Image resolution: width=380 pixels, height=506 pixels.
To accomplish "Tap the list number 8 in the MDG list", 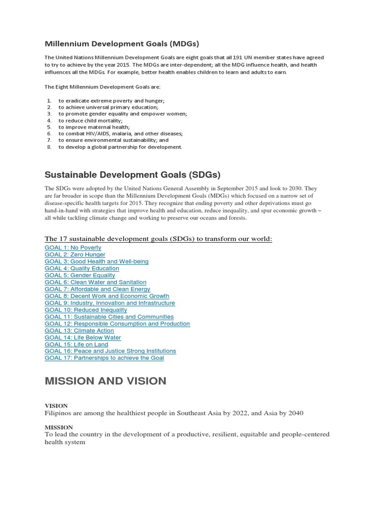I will click(49, 147).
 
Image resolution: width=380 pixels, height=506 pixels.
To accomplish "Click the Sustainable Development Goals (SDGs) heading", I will click(132, 175).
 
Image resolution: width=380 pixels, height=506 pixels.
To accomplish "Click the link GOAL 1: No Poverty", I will click(73, 248).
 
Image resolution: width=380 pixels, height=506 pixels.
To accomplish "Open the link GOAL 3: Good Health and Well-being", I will click(96, 261).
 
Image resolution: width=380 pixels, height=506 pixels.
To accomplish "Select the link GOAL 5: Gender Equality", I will click(80, 275).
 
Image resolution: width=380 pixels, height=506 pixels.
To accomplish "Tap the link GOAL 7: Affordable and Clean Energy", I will click(97, 289).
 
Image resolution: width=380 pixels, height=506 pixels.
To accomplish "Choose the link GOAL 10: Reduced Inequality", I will click(86, 310).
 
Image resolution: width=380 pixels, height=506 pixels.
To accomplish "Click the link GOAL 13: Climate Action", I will click(79, 331).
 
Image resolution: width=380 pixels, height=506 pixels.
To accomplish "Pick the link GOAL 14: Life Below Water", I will click(83, 337).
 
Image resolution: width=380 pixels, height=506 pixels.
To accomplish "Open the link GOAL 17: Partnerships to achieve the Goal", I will click(104, 358).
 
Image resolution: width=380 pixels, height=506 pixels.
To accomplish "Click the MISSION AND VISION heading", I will click(105, 381).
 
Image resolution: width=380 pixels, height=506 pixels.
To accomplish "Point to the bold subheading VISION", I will click(56, 406).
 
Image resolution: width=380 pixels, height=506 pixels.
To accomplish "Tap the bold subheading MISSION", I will click(59, 427).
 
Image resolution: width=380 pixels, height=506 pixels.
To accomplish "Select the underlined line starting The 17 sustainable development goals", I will click(158, 239).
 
